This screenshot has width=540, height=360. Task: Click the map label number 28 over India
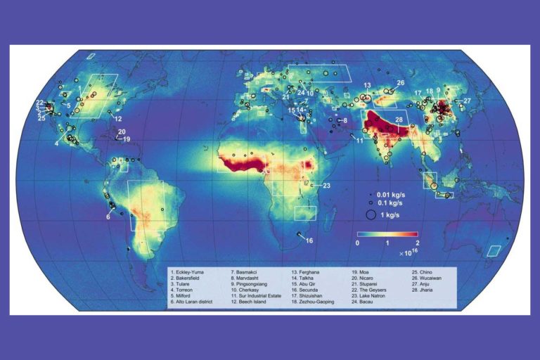(x=399, y=121)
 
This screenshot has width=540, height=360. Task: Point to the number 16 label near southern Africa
(x=309, y=241)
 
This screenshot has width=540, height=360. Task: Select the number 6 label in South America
(x=108, y=217)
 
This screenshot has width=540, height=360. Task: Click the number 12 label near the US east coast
(x=118, y=119)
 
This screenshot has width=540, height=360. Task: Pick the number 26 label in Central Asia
(x=400, y=83)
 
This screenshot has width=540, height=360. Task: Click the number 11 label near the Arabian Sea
(x=359, y=141)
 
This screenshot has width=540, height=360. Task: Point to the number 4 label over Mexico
(x=56, y=143)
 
